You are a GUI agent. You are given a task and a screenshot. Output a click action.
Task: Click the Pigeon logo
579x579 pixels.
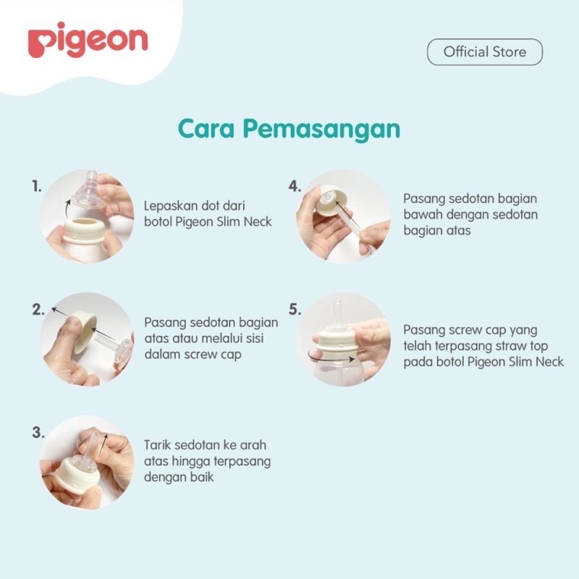click(88, 40)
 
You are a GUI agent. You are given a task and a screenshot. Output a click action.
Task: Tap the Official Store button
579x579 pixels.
click(485, 52)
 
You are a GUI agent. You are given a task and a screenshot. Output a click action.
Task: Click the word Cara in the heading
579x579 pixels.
click(206, 129)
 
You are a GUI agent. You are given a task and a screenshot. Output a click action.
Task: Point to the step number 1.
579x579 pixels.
click(37, 187)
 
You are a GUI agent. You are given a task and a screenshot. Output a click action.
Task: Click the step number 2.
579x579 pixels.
click(38, 310)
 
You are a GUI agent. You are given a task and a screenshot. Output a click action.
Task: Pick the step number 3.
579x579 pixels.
click(38, 432)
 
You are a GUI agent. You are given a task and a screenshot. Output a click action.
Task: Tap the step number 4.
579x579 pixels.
click(295, 187)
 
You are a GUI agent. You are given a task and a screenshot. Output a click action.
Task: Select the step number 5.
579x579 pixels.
click(295, 310)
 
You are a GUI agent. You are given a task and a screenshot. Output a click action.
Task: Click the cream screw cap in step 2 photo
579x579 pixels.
click(84, 331)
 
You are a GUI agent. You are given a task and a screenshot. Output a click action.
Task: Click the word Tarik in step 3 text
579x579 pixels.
click(157, 445)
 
